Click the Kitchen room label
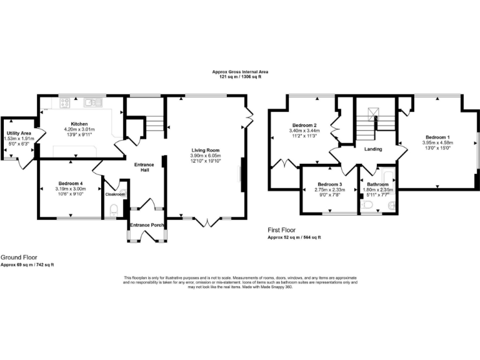click(79, 124)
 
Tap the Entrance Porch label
click(147, 225)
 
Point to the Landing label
click(374, 148)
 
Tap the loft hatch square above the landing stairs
click(372, 112)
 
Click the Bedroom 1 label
click(437, 137)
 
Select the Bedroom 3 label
click(328, 184)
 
